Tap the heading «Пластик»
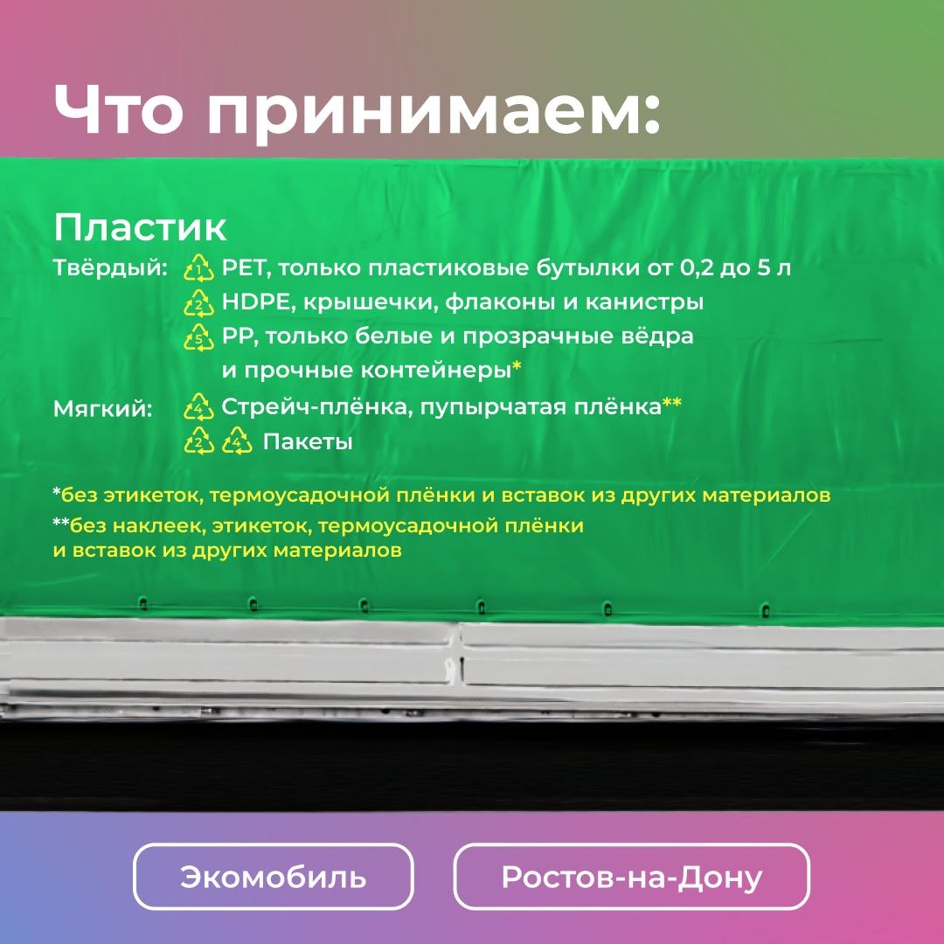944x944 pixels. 140,227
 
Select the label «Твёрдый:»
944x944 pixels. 110,268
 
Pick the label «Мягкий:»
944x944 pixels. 103,409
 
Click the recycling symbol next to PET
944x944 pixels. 198,268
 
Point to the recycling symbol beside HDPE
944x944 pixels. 198,302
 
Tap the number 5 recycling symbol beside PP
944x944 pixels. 198,337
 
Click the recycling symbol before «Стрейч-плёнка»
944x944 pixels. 198,407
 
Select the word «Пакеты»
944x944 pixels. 308,442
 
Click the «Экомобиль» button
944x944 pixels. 274,877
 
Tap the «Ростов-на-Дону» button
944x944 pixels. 632,877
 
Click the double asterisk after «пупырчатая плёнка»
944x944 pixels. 672,402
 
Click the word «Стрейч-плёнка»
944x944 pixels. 316,407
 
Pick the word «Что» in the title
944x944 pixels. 119,109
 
